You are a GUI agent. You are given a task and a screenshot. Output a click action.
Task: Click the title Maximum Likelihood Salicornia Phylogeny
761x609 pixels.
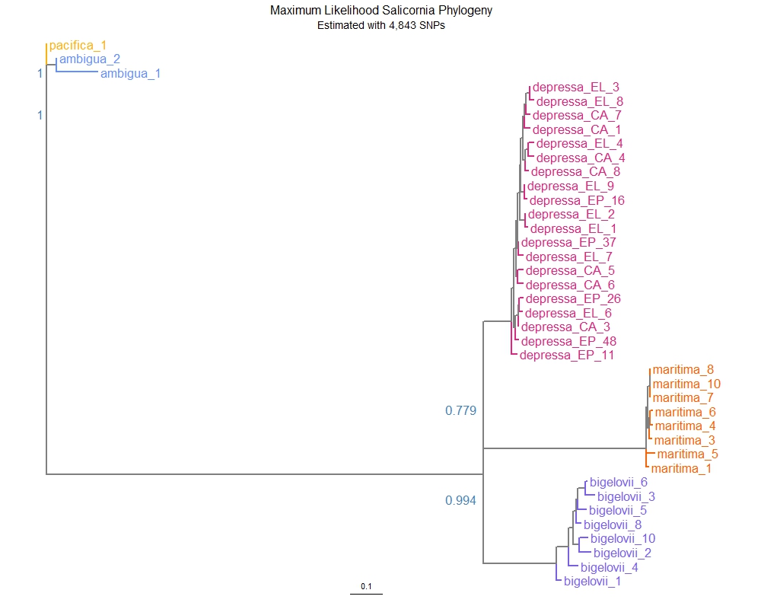point(380,11)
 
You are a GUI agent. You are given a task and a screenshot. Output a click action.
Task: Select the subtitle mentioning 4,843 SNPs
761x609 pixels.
point(380,25)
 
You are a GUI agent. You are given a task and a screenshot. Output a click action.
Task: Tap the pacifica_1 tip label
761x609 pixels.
point(78,46)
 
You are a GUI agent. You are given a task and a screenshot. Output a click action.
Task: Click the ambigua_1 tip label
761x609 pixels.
point(130,74)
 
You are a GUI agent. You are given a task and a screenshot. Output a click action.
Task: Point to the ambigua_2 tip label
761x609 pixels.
point(90,59)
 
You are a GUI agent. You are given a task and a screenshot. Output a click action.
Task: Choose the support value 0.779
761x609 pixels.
point(460,411)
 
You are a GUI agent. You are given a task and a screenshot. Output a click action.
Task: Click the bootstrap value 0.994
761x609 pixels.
point(460,500)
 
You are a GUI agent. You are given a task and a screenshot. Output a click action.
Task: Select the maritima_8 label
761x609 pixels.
point(683,369)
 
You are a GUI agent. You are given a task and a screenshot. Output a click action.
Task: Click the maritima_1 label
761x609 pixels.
point(681,468)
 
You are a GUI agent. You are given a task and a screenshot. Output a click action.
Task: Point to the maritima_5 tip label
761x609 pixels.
point(688,454)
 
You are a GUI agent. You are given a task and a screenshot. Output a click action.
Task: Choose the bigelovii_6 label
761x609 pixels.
point(618,483)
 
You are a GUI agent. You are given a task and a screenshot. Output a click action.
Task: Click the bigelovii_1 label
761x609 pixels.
point(592,582)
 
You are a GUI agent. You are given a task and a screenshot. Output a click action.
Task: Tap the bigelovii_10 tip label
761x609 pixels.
point(622,538)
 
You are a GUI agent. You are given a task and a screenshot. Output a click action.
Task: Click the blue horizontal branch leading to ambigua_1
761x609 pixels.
point(78,74)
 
